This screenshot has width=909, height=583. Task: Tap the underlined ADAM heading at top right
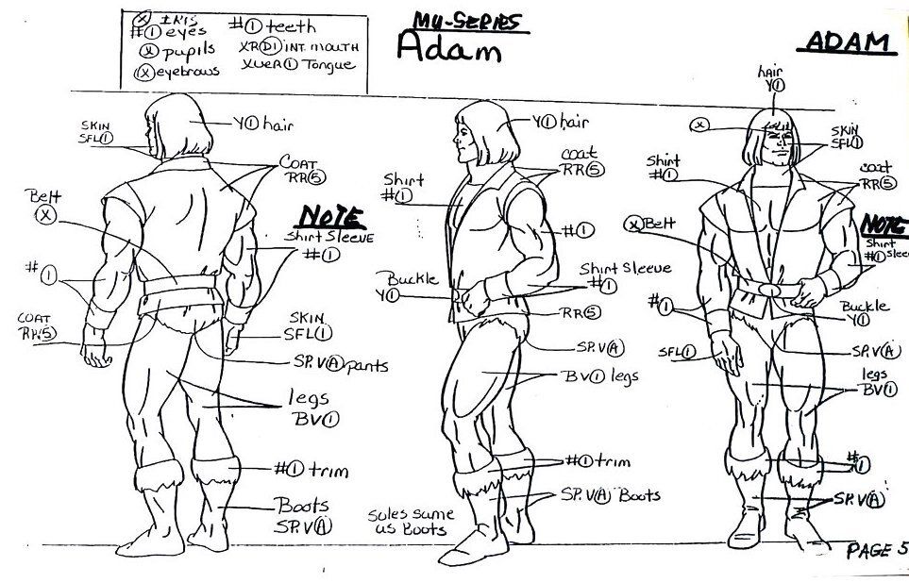coord(850,42)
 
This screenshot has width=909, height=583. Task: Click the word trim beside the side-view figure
coord(613,462)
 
